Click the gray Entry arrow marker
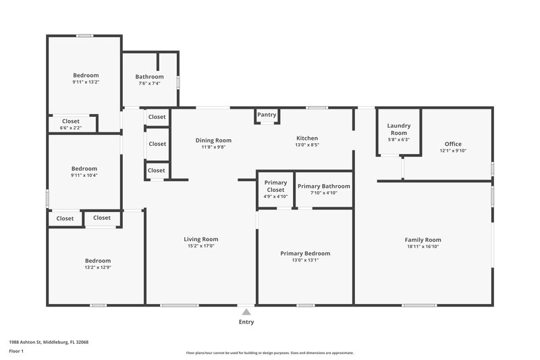246,312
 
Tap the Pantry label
267,115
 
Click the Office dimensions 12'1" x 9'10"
453,151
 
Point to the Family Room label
423,240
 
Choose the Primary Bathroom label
323,186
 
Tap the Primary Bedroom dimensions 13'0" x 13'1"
305,260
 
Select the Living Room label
201,239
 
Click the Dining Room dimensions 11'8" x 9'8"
213,147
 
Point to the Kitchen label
306,137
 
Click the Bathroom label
150,77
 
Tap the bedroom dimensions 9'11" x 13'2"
86,82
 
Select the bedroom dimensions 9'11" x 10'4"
85,176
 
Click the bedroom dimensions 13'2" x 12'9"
97,267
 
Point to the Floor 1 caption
17,352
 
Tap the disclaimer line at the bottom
269,353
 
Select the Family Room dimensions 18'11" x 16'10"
423,247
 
